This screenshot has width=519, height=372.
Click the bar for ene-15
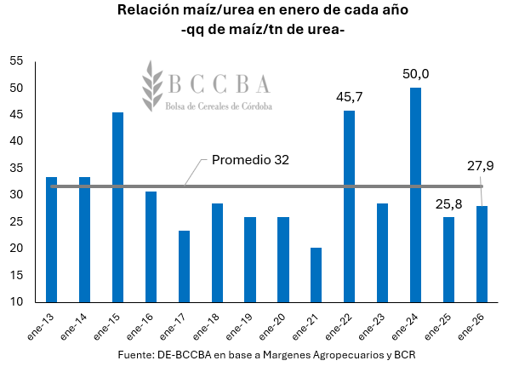(x=117, y=207)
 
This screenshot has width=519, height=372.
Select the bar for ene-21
(x=316, y=274)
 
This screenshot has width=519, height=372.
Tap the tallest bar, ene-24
(x=415, y=195)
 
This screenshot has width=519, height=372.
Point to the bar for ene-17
(x=184, y=266)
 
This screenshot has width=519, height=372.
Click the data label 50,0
(x=415, y=74)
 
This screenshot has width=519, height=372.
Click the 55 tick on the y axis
(x=17, y=61)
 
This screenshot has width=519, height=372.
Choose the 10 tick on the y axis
(x=17, y=301)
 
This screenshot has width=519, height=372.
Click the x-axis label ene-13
(x=45, y=324)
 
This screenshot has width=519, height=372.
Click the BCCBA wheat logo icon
(x=153, y=85)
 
